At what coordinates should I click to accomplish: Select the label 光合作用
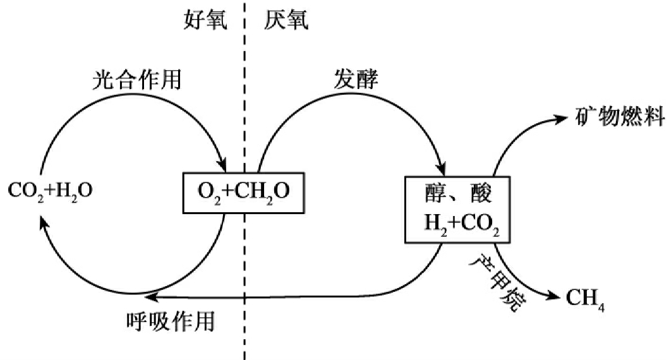coord(136,80)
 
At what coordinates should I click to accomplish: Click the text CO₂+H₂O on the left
coord(51,189)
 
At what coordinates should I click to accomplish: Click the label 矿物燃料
coord(619,117)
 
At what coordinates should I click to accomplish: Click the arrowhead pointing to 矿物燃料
coord(560,119)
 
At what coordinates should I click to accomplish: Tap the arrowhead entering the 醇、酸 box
coord(442,170)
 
